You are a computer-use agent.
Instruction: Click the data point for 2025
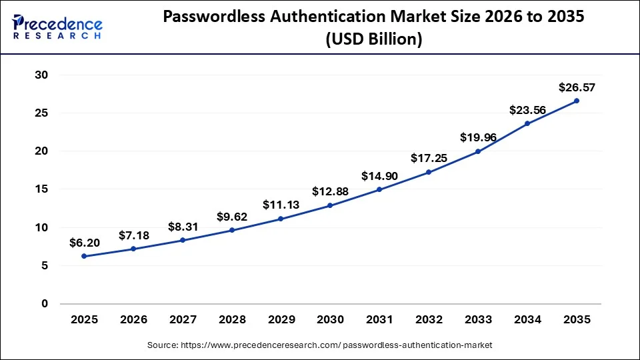pyautogui.click(x=84, y=256)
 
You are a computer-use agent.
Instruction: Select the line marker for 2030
pyautogui.click(x=330, y=205)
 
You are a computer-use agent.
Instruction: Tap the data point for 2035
pyautogui.click(x=577, y=101)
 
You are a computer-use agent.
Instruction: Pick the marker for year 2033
pyautogui.click(x=478, y=151)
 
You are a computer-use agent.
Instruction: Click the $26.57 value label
pyautogui.click(x=577, y=87)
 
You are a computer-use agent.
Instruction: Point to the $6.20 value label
pyautogui.click(x=84, y=243)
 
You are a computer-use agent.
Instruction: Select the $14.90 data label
pyautogui.click(x=379, y=176)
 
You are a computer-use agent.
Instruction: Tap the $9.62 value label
pyautogui.click(x=231, y=216)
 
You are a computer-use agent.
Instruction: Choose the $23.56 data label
pyautogui.click(x=527, y=110)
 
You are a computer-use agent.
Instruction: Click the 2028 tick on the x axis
pyautogui.click(x=231, y=320)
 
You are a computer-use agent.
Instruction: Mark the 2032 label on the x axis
pyautogui.click(x=429, y=320)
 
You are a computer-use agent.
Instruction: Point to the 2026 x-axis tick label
pyautogui.click(x=133, y=320)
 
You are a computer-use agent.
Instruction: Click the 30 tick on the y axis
pyautogui.click(x=41, y=75)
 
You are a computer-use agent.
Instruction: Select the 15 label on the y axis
pyautogui.click(x=41, y=189)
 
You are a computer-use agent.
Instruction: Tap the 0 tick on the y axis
pyautogui.click(x=45, y=304)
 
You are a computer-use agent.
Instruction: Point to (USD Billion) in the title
pyautogui.click(x=373, y=40)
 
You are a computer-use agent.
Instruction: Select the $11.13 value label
pyautogui.click(x=281, y=205)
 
